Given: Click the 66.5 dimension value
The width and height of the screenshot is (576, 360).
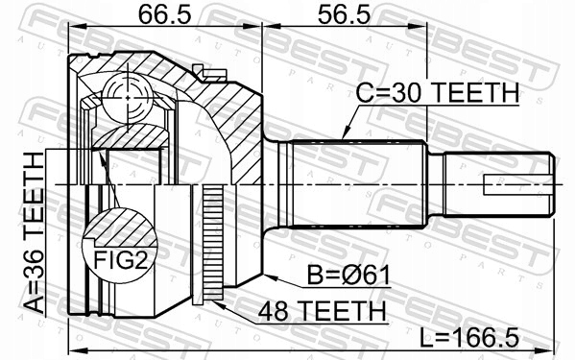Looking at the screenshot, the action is tap(164, 14).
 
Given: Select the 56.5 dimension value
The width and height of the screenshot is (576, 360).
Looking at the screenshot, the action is tap(344, 14).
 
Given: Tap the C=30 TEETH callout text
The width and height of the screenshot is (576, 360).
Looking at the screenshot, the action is tap(438, 92).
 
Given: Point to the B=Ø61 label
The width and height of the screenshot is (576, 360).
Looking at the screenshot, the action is tap(348, 276).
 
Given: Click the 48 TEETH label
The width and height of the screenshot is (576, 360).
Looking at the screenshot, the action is tap(323, 311).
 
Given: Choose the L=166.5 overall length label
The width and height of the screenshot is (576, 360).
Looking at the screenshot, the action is tap(469, 338).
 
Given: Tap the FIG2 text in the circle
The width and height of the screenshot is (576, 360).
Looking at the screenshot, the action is tap(120, 260).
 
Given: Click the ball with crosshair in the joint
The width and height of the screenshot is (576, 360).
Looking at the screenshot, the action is tap(127, 98).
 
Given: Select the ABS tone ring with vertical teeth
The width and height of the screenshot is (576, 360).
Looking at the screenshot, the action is tap(213, 243).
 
